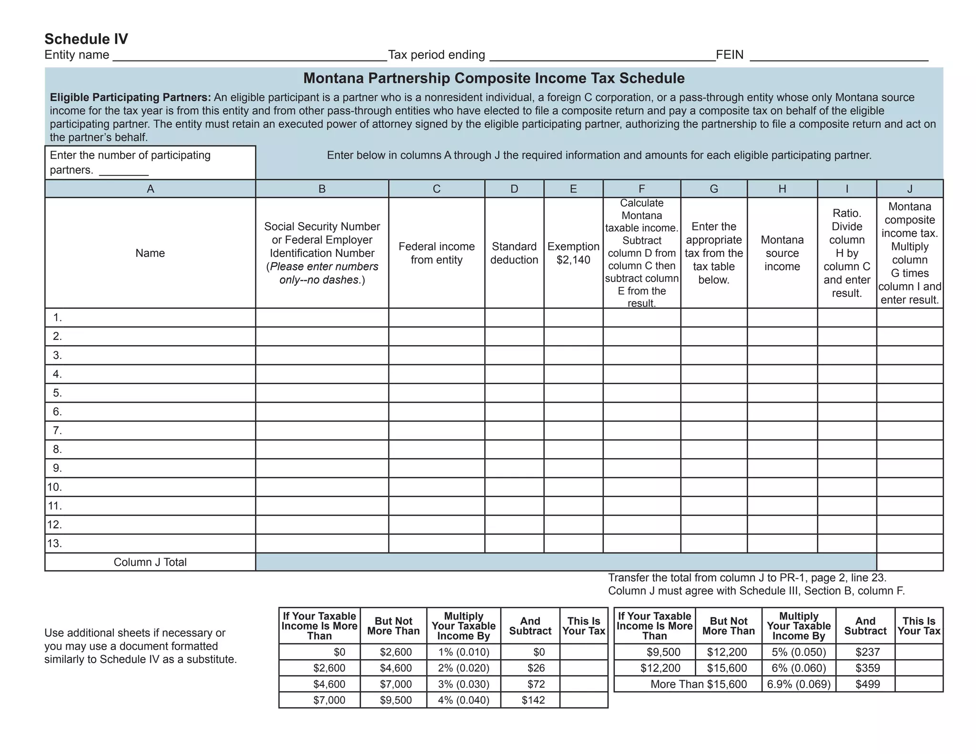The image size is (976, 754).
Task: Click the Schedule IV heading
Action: pos(86,39)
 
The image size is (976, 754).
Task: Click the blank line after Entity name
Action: pos(250,56)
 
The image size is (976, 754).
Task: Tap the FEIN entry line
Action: pos(839,56)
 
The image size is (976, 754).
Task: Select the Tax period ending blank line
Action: pos(602,56)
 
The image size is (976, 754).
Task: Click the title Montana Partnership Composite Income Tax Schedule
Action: pos(494,78)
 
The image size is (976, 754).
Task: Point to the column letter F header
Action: pos(641,189)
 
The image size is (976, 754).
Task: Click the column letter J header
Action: pos(909,189)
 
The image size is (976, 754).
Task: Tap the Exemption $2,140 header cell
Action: pos(573,253)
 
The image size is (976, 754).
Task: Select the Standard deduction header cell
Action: pos(514,253)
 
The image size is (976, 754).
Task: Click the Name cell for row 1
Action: pos(157,317)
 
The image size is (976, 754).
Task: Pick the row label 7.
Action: pos(57,430)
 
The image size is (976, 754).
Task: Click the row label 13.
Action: pos(55,543)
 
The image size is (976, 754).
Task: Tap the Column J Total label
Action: pos(150,562)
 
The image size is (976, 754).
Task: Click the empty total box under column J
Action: pos(909,562)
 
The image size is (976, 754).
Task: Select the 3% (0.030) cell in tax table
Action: pos(463,684)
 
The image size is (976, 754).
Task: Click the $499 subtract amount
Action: pos(865,684)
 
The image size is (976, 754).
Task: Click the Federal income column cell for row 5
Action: pos(437,393)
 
